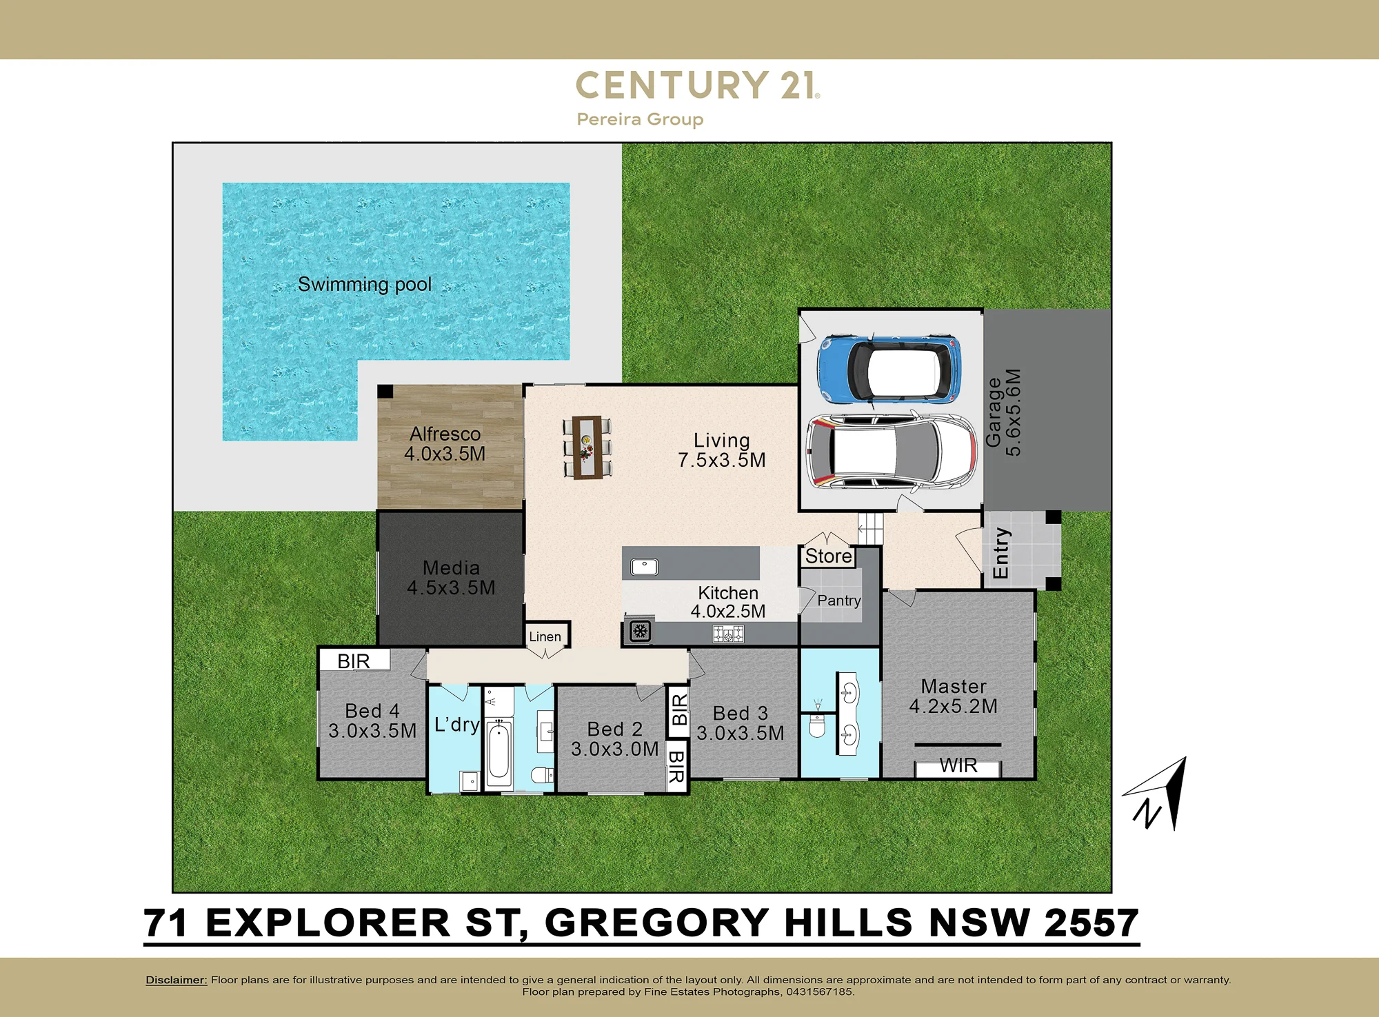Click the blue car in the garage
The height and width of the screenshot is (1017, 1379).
[889, 370]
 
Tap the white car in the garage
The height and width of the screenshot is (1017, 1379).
[891, 452]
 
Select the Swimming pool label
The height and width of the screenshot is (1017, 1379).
[365, 285]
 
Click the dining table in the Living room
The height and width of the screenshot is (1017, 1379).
[587, 447]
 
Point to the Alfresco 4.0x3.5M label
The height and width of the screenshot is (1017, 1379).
[445, 444]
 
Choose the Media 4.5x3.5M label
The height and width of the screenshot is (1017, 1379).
[451, 578]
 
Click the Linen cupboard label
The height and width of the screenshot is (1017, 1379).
[545, 636]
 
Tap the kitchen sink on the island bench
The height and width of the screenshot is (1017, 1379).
[644, 567]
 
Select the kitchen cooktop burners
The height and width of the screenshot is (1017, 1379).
[728, 634]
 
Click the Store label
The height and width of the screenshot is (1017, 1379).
[829, 556]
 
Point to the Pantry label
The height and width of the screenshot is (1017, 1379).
[839, 601]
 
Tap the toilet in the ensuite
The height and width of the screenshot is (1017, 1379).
[817, 724]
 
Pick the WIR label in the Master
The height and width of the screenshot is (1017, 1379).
[958, 766]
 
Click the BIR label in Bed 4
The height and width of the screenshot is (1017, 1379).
[354, 661]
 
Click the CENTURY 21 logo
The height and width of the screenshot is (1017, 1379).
[698, 85]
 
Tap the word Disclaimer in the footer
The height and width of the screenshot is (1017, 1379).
[176, 980]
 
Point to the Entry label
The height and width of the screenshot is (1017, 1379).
[1000, 553]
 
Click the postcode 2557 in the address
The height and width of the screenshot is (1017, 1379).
[1091, 923]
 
